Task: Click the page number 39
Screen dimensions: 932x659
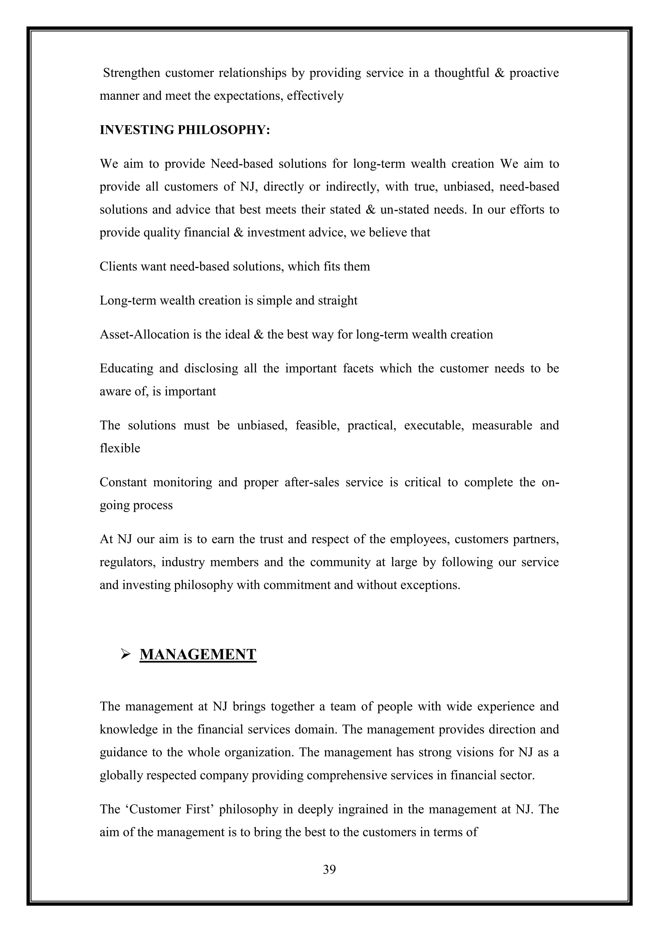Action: pos(329,870)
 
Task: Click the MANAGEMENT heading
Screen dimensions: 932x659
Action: pos(198,654)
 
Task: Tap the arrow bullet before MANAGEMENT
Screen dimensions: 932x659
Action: pos(125,654)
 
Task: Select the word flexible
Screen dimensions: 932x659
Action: pos(120,448)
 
